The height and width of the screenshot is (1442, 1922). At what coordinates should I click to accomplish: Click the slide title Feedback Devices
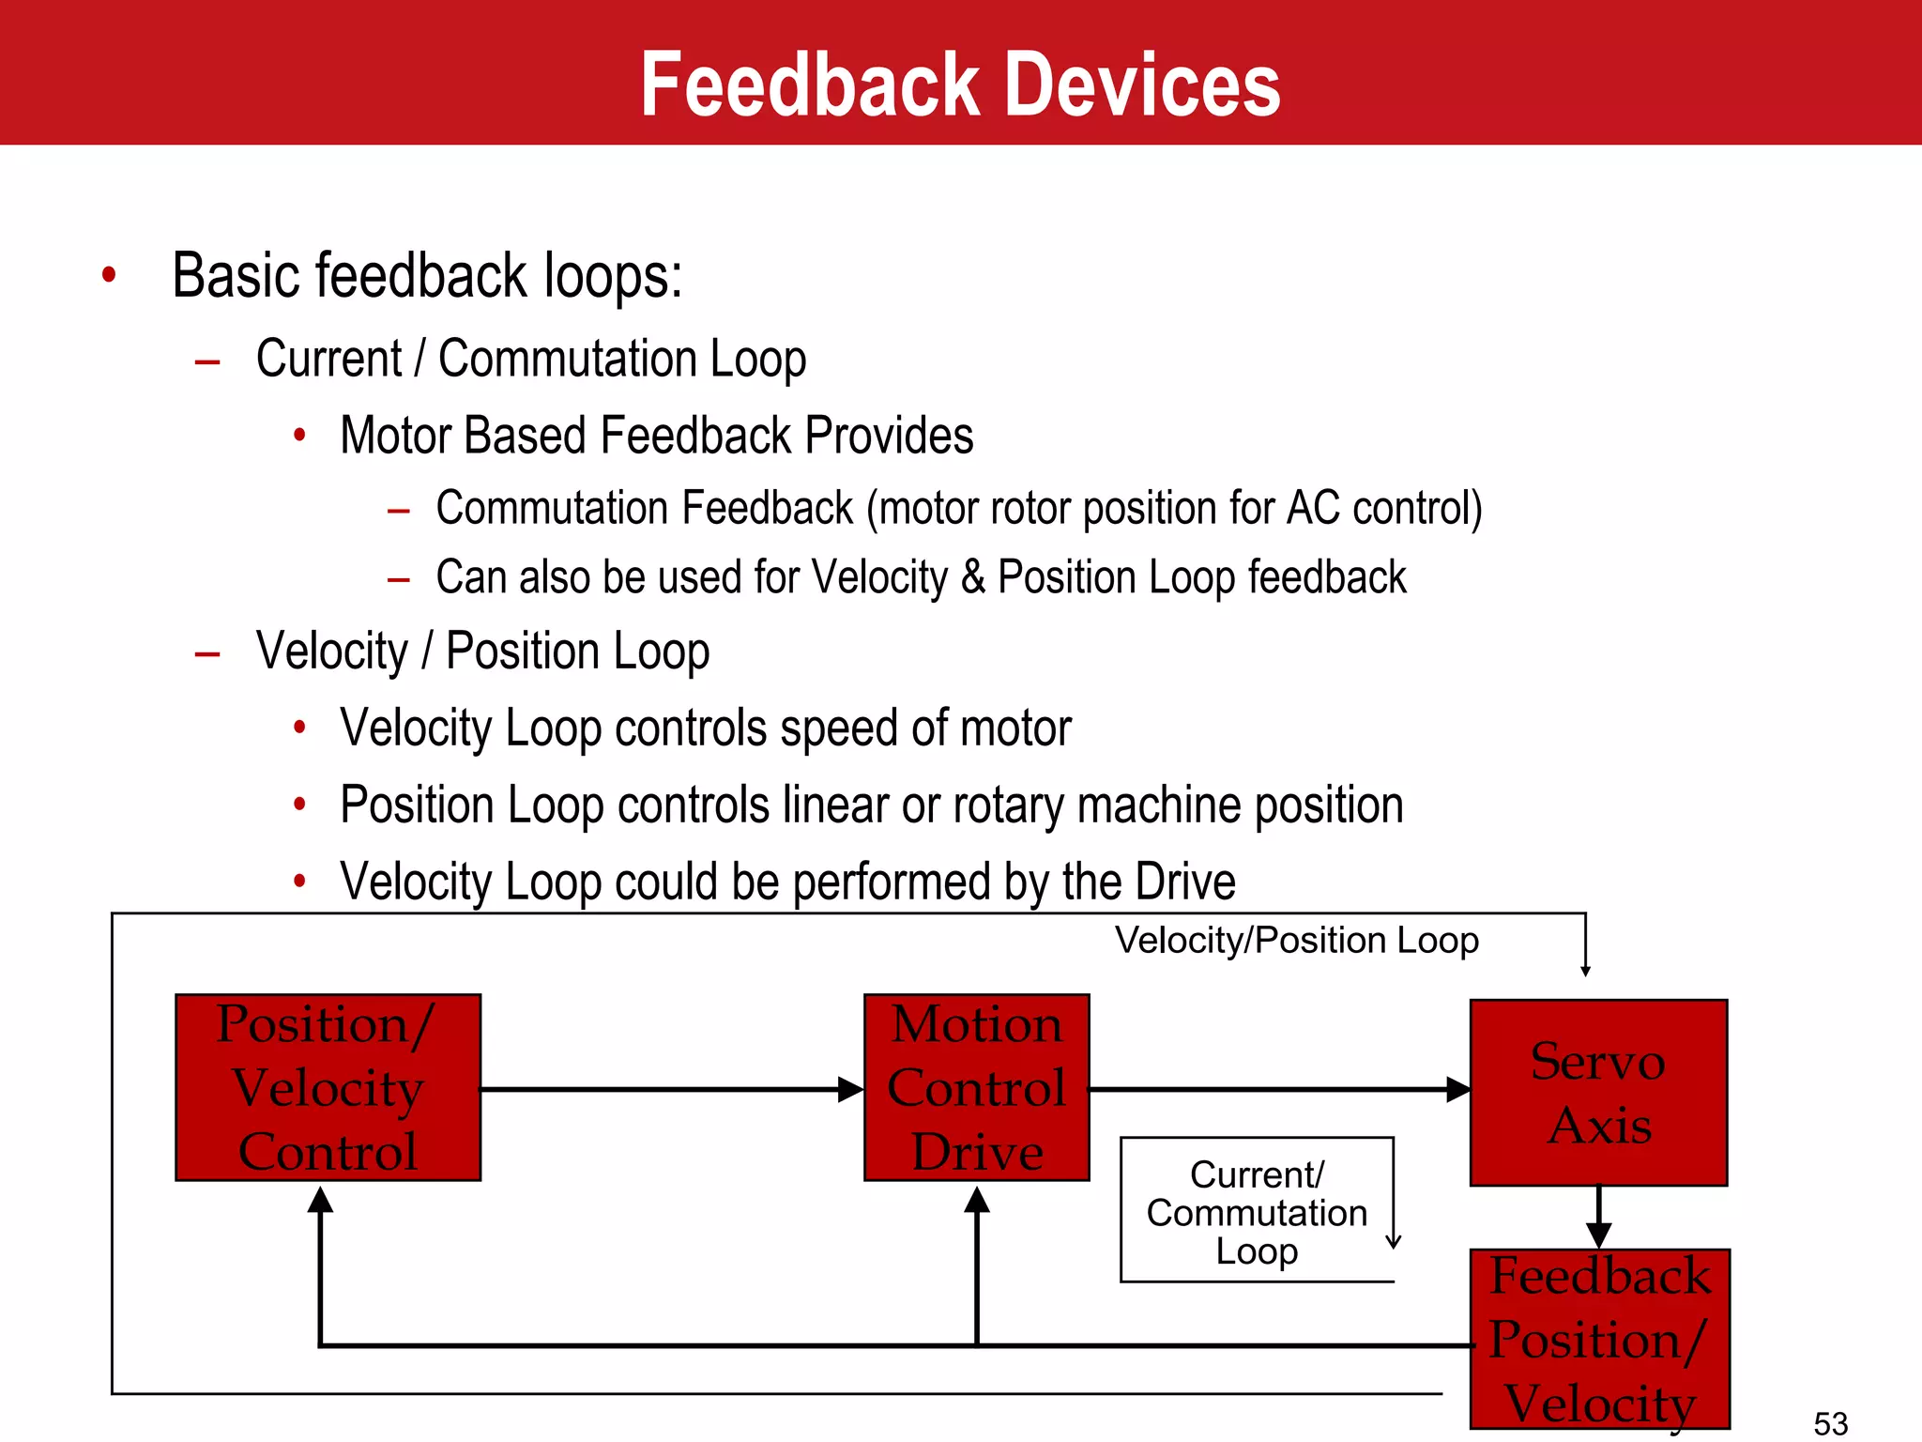click(x=960, y=84)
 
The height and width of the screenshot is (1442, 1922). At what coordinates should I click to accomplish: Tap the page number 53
click(x=1830, y=1423)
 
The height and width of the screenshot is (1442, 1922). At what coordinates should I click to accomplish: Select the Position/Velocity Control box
click(x=328, y=1087)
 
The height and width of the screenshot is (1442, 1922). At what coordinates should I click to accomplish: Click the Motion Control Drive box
click(x=976, y=1087)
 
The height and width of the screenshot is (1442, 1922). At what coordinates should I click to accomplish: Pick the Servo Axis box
click(x=1598, y=1093)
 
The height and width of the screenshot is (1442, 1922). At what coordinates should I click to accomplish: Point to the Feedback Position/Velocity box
click(x=1599, y=1339)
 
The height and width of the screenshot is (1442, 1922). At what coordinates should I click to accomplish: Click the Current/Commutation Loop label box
click(x=1256, y=1211)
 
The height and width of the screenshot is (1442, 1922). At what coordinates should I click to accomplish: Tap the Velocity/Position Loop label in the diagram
click(x=1296, y=941)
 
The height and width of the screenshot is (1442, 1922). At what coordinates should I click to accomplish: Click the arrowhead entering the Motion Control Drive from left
click(x=850, y=1089)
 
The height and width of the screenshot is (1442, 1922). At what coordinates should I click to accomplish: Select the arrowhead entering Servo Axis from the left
click(x=1457, y=1089)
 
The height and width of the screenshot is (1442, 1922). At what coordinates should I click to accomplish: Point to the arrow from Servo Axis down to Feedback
click(x=1598, y=1220)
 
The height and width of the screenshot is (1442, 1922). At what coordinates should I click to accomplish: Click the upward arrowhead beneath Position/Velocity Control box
click(x=320, y=1201)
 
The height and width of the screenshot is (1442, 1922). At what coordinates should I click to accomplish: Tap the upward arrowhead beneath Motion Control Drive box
click(x=977, y=1201)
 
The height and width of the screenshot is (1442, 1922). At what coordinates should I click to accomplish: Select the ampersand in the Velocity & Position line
click(x=972, y=576)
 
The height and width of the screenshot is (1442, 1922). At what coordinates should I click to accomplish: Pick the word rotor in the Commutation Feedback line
click(x=1032, y=508)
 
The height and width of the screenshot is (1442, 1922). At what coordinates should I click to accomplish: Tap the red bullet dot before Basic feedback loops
click(x=109, y=275)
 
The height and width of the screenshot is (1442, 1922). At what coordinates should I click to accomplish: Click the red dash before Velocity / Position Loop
click(x=207, y=653)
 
